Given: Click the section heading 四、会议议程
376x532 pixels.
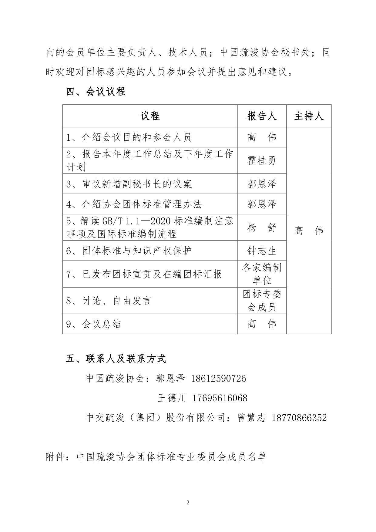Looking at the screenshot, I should (96, 92).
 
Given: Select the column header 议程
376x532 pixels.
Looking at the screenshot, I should (150, 116).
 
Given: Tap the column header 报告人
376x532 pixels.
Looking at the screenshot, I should (262, 116).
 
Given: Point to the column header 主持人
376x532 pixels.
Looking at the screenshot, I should (309, 116).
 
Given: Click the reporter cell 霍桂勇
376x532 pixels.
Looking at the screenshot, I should (262, 160).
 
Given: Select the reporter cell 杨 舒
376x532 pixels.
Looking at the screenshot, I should (262, 227).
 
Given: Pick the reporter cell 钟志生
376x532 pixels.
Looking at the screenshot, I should (262, 251).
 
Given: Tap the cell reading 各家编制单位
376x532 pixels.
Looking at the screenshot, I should (262, 274).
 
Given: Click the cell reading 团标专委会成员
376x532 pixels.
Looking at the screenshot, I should (262, 301).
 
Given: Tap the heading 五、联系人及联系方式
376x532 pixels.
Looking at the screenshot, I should (116, 359).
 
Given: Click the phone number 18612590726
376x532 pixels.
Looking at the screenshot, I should (218, 379).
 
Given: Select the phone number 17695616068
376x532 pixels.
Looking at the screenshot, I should (220, 398).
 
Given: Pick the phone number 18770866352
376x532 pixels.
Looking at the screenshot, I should (299, 418).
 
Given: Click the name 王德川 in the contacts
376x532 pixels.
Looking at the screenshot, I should (172, 398).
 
